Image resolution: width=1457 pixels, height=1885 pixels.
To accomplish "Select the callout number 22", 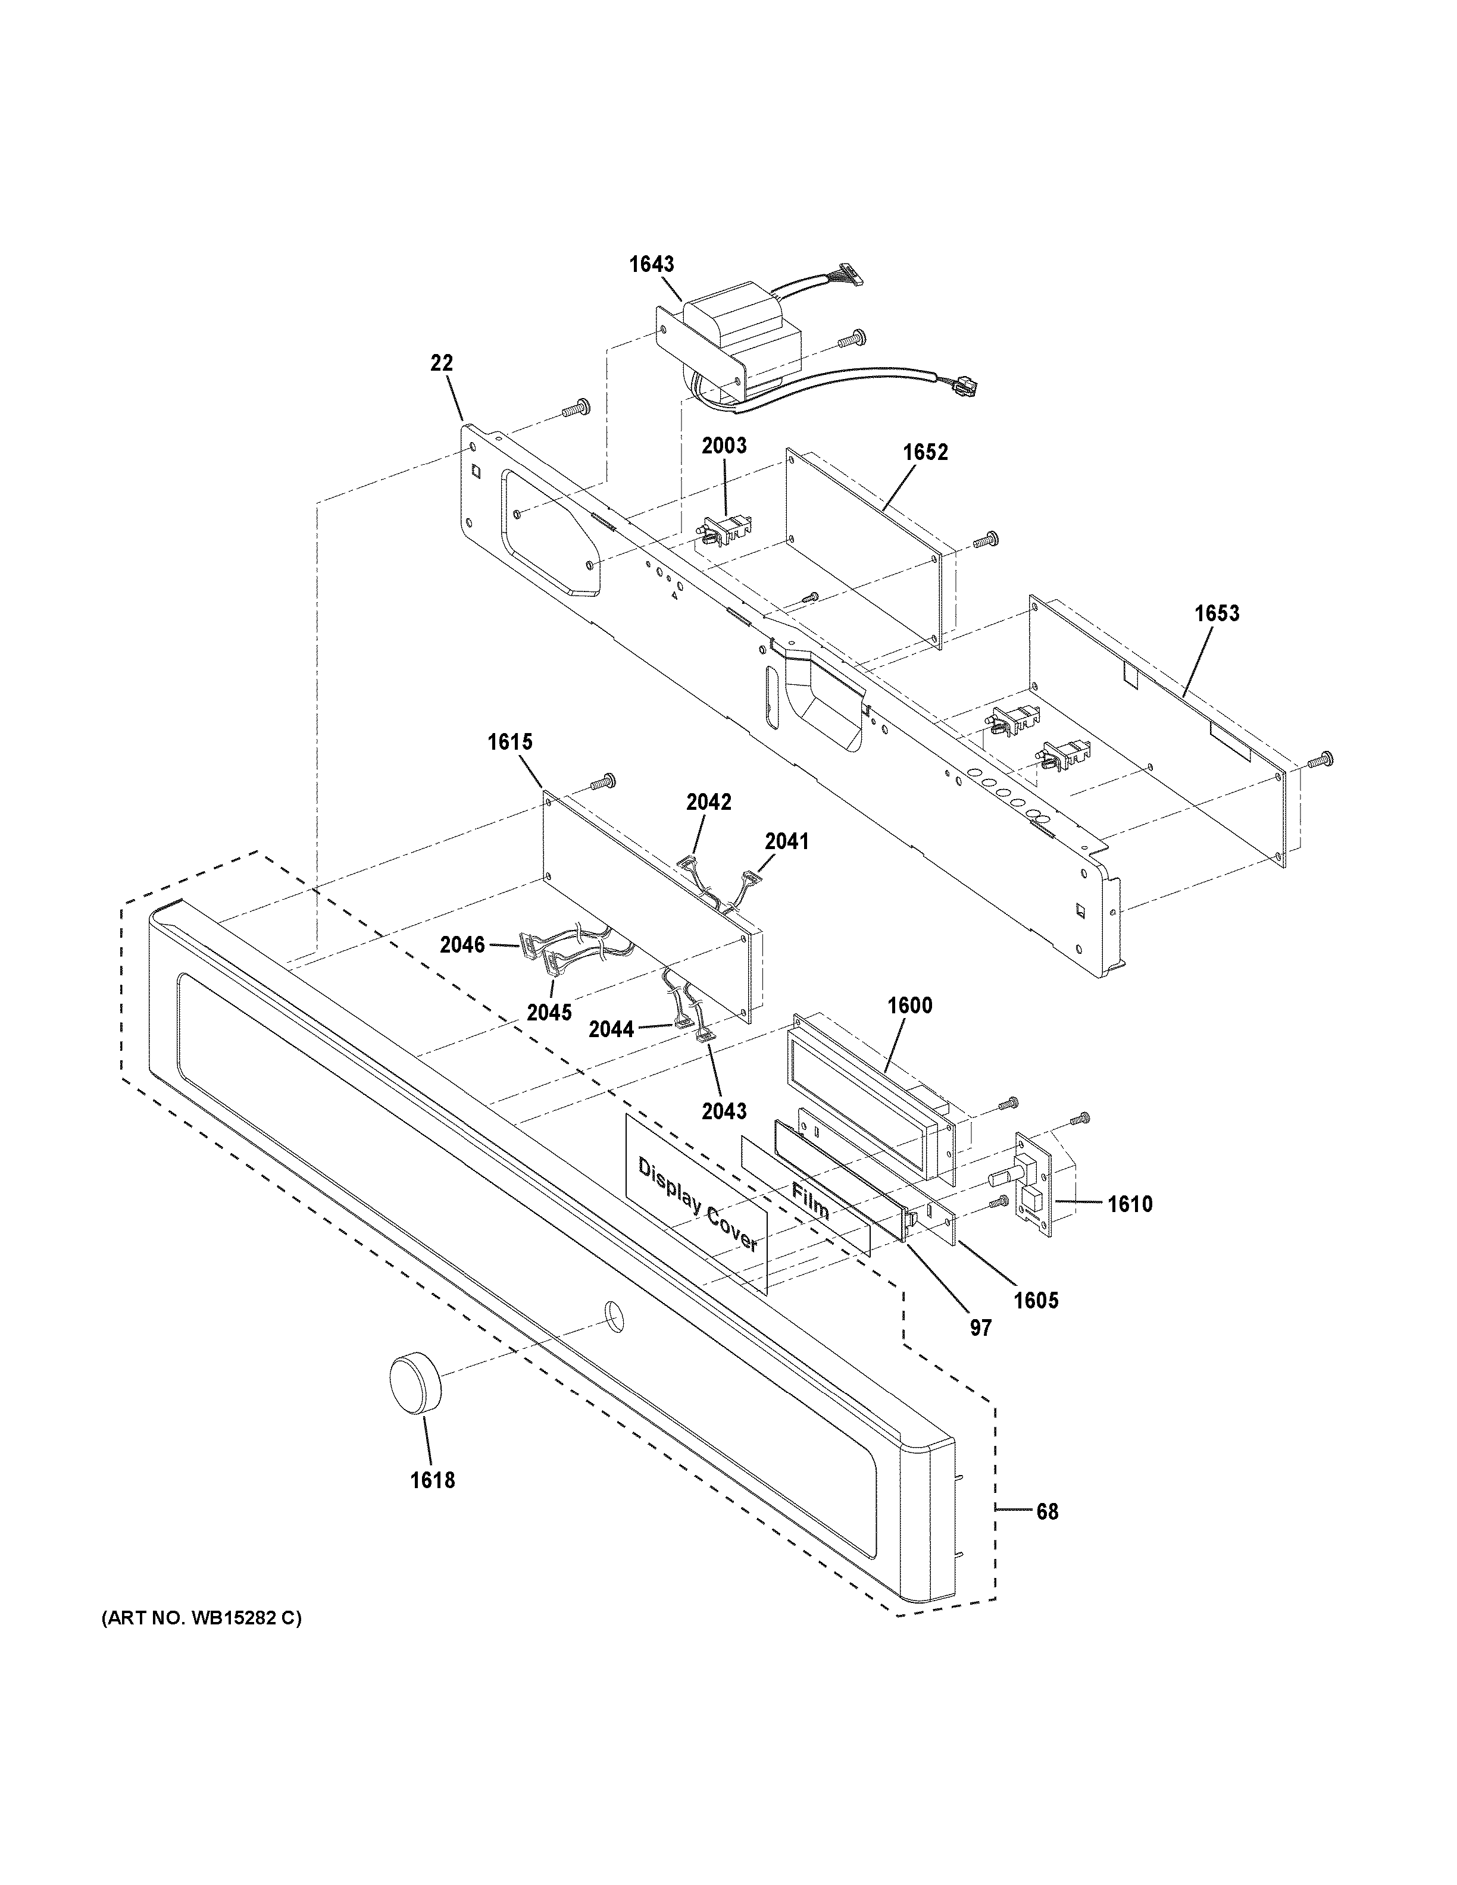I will [x=441, y=364].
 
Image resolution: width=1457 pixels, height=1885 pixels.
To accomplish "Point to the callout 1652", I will [x=926, y=452].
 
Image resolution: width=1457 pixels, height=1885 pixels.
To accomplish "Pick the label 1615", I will [x=509, y=741].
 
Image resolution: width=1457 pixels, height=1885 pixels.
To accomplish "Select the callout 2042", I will [x=709, y=802].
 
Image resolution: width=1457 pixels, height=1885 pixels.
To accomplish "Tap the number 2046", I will [x=462, y=945].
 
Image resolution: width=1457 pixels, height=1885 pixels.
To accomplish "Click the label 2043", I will [x=723, y=1111].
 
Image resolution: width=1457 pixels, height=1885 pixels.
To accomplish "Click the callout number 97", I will [x=980, y=1327].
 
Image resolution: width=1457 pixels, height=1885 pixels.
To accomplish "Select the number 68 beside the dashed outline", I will [x=1046, y=1511].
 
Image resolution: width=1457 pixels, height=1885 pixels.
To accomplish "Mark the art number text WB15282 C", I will [x=202, y=1618].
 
